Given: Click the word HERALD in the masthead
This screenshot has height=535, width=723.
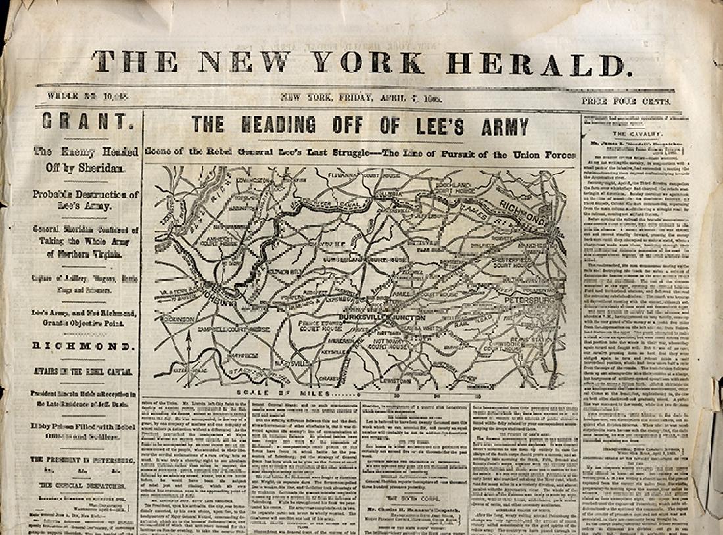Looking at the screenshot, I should click(x=535, y=64).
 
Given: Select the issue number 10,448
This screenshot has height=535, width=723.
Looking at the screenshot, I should click(x=115, y=97).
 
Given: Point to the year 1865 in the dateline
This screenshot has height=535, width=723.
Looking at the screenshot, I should click(x=432, y=98).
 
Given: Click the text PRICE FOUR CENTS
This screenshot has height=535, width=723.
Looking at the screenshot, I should click(x=626, y=101).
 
